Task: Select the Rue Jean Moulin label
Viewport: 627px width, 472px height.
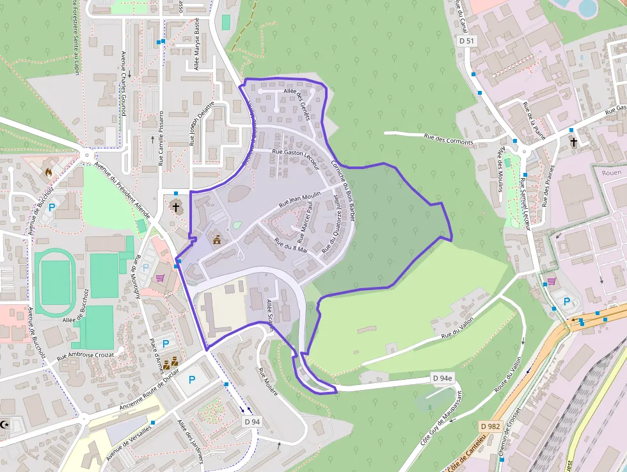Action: [299, 199]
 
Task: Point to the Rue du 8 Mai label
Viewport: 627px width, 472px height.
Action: [291, 245]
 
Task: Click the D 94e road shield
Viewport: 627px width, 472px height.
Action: [442, 378]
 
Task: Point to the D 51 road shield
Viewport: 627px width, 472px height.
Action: [468, 41]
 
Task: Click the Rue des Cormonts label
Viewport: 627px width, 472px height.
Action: [448, 138]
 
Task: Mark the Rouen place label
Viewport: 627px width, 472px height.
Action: [612, 172]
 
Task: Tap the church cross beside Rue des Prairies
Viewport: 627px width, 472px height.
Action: [573, 142]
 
